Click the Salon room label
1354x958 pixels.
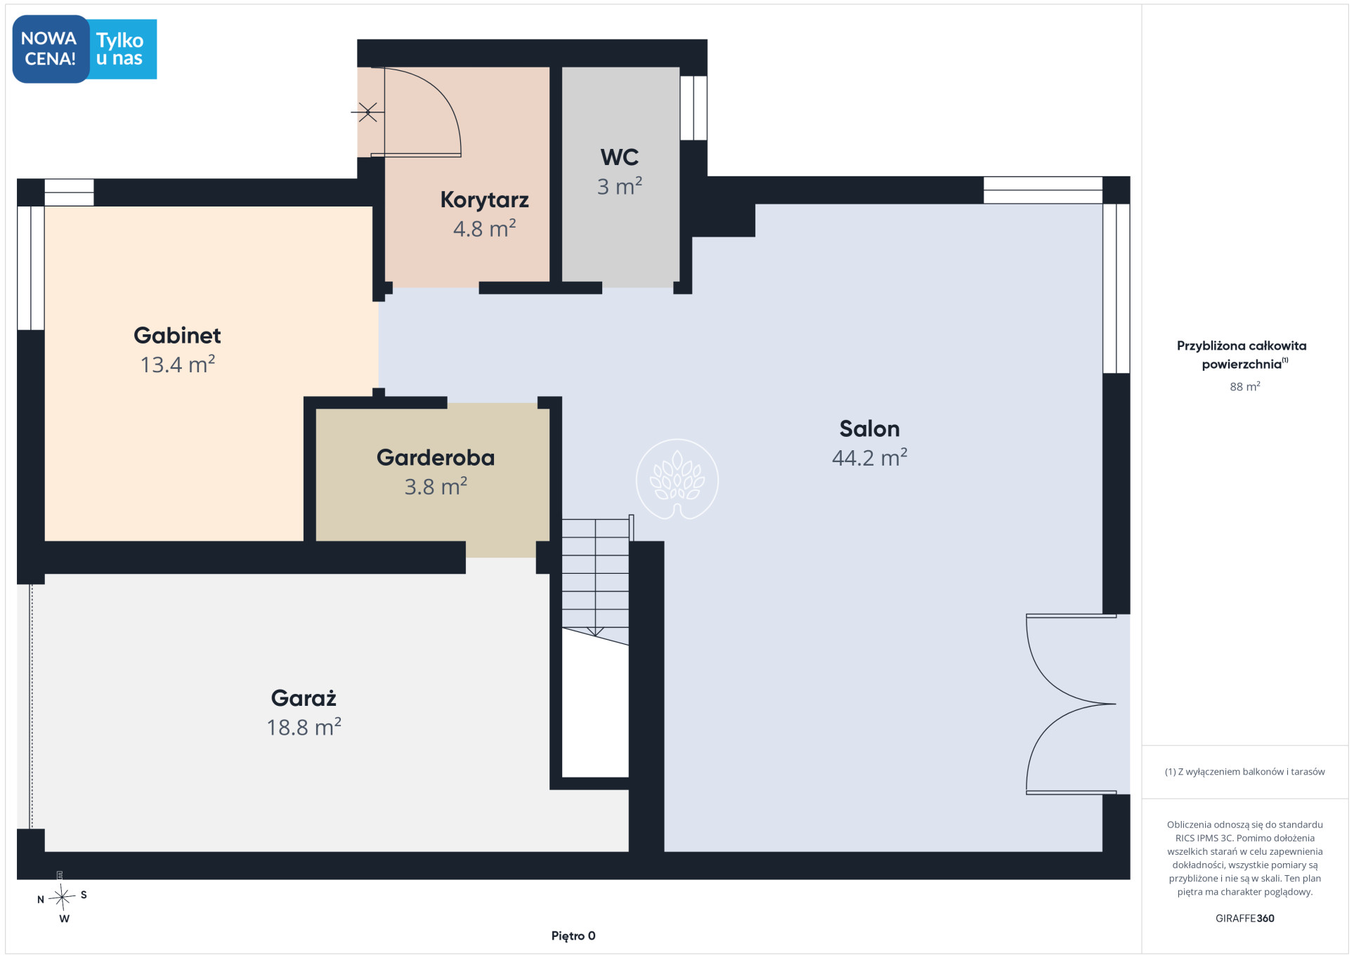click(x=869, y=428)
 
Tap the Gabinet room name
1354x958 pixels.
click(x=177, y=335)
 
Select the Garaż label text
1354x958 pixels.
click(x=304, y=697)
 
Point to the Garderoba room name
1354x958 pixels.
click(x=436, y=457)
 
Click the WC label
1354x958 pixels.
click(x=620, y=157)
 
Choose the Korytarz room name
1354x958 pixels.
click(x=484, y=200)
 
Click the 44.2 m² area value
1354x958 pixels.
click(x=869, y=457)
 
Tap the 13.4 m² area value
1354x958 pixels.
click(x=177, y=364)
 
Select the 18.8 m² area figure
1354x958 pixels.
click(x=304, y=726)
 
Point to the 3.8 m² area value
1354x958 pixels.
click(x=436, y=486)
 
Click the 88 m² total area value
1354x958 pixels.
click(x=1244, y=387)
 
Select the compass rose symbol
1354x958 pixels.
click(x=62, y=896)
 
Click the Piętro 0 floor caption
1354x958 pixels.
click(x=573, y=936)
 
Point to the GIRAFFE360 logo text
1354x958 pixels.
click(x=1244, y=918)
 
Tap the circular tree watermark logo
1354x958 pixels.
click(x=677, y=480)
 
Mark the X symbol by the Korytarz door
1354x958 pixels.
click(x=367, y=112)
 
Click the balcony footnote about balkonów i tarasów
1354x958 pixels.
click(x=1244, y=771)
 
